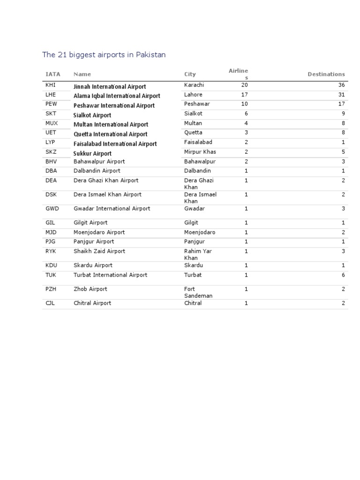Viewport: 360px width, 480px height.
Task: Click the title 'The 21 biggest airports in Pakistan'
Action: pyautogui.click(x=104, y=55)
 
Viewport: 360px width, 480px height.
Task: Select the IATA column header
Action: pyautogui.click(x=52, y=74)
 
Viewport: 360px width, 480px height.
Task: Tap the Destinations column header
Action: pyautogui.click(x=326, y=74)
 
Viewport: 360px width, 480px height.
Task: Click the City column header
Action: pyautogui.click(x=190, y=74)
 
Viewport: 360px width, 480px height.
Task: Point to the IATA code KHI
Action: pyautogui.click(x=50, y=85)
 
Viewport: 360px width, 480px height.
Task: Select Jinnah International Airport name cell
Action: pyautogui.click(x=110, y=87)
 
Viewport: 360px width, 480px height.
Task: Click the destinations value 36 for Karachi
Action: pyautogui.click(x=341, y=85)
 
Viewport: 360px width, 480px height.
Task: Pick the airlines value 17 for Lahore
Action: pyautogui.click(x=244, y=95)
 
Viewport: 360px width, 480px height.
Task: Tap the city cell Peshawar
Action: pyautogui.click(x=197, y=104)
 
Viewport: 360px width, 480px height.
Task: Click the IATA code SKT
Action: pyautogui.click(x=51, y=113)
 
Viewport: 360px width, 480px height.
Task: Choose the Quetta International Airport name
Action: pyautogui.click(x=111, y=134)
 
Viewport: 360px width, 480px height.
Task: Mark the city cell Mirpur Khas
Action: pyautogui.click(x=200, y=152)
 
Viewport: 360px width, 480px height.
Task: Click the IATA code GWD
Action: pyautogui.click(x=52, y=209)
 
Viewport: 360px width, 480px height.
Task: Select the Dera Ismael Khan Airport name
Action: pyautogui.click(x=107, y=195)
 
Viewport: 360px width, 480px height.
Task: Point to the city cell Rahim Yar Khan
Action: pyautogui.click(x=198, y=255)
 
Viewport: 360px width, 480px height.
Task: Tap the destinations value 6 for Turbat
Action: pyautogui.click(x=343, y=275)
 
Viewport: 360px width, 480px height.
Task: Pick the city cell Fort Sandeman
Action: pyautogui.click(x=198, y=292)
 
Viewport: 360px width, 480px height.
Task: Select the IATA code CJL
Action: pyautogui.click(x=50, y=303)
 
